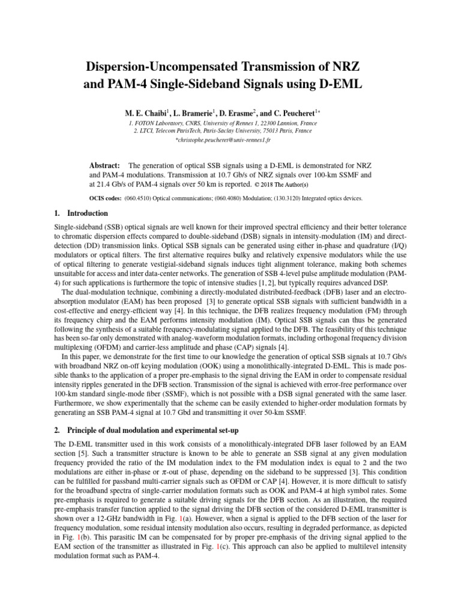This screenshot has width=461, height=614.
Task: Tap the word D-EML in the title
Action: point(340,84)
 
